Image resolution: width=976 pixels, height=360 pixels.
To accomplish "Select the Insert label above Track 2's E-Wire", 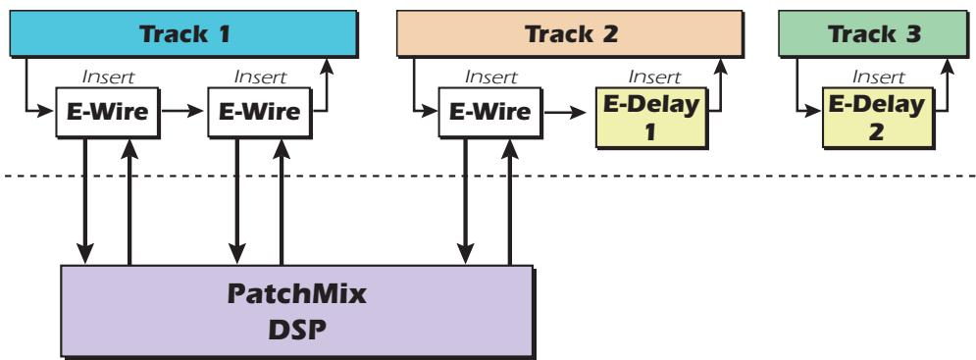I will pos(490,76).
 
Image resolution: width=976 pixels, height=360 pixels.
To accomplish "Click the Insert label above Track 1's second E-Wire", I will pos(261,76).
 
